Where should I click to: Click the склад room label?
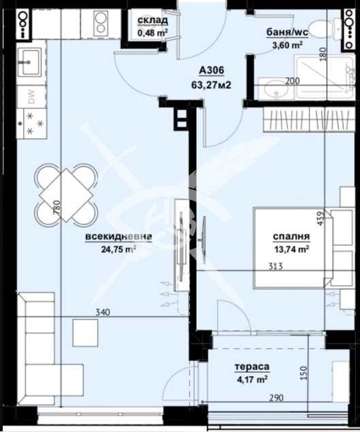pos(152,20)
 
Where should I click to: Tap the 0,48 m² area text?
pos(152,33)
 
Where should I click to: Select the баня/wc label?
pos(287,32)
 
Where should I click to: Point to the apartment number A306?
pos(212,71)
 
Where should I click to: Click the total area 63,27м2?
pos(211,85)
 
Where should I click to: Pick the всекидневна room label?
pos(118,237)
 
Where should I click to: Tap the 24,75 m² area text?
pos(118,250)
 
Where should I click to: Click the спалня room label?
pos(291,237)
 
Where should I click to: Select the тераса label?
pos(252,367)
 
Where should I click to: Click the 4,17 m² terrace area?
pos(252,380)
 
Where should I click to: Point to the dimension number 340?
pos(103,312)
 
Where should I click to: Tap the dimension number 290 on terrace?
pos(276,397)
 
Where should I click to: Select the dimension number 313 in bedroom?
pos(276,267)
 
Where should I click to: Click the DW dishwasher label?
pos(32,97)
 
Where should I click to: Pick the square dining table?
pos(67,195)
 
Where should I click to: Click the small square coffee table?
pos(86,333)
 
